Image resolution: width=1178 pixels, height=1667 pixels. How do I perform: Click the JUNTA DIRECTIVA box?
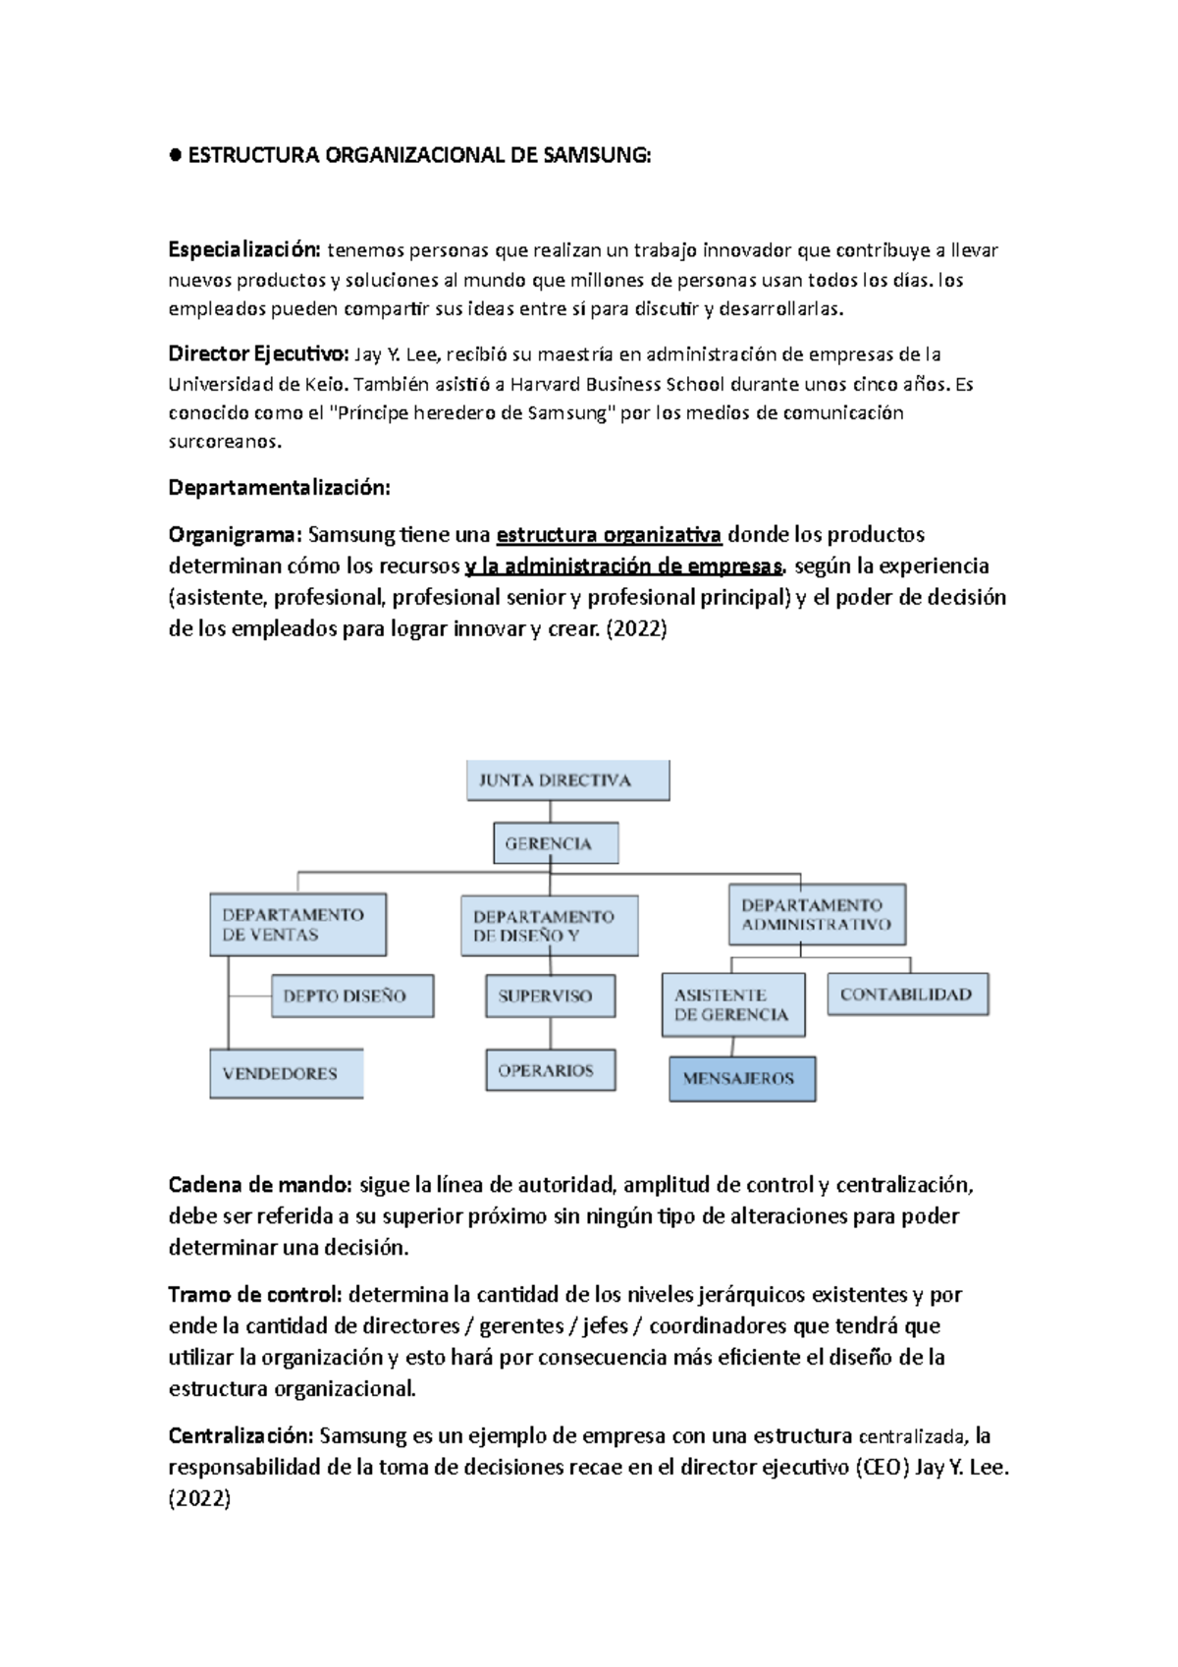[567, 780]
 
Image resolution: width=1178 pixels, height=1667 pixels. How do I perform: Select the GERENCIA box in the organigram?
[555, 843]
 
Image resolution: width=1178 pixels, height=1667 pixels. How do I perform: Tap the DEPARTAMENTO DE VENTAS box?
[297, 925]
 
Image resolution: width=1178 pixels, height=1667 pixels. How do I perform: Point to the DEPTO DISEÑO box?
[351, 995]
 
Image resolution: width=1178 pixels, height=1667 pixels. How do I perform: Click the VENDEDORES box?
[286, 1073]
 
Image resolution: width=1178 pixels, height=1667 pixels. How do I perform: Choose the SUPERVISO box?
[550, 995]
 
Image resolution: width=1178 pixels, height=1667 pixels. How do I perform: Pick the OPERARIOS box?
[550, 1070]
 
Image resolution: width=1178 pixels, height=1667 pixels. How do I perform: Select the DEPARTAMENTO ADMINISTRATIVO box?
[817, 914]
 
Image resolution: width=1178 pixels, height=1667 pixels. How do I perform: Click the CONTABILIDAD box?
[907, 995]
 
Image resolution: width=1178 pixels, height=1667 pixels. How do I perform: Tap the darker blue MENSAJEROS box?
[742, 1078]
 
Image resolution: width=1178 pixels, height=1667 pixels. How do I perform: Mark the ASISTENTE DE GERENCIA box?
[732, 1004]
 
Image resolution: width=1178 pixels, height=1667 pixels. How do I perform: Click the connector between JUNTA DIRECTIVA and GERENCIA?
[550, 812]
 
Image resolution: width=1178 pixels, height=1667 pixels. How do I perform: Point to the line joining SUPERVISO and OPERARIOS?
[550, 1033]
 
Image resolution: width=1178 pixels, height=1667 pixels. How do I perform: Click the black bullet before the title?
[176, 155]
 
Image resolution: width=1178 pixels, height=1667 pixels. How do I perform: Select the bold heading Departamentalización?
[279, 488]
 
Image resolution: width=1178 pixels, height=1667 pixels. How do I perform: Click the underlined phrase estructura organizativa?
[609, 535]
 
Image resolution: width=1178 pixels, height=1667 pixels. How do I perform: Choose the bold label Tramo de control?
[255, 1295]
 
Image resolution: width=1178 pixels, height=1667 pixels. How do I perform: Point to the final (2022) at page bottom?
[199, 1499]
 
